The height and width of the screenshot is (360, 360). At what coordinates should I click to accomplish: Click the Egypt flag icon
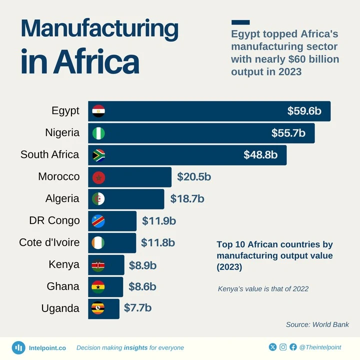[98, 111]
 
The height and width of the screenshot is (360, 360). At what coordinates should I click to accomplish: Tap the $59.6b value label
[304, 111]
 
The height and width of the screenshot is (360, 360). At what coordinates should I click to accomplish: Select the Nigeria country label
[61, 133]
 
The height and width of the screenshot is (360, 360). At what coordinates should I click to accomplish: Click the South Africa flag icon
[98, 155]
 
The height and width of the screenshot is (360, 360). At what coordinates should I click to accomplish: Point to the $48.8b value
[260, 155]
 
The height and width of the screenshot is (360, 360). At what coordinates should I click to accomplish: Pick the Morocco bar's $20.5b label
[194, 177]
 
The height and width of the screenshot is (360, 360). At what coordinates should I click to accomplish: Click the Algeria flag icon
[98, 199]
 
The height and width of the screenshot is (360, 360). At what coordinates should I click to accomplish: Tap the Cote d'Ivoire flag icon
[98, 242]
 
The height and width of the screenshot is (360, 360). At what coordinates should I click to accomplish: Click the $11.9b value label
[159, 220]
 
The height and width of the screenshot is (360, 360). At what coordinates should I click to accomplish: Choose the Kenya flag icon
[98, 264]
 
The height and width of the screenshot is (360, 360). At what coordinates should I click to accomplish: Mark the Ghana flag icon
[98, 286]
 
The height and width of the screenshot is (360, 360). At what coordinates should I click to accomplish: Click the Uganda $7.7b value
[137, 308]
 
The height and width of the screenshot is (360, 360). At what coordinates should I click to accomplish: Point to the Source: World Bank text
[317, 324]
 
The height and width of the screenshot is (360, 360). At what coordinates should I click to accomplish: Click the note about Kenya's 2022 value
[263, 288]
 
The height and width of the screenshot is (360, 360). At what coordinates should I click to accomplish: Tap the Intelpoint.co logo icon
[19, 347]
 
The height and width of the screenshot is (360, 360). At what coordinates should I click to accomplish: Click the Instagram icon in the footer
[283, 347]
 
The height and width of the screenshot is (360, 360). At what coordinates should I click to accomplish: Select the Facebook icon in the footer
[293, 347]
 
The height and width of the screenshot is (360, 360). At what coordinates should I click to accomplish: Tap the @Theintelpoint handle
[323, 347]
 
